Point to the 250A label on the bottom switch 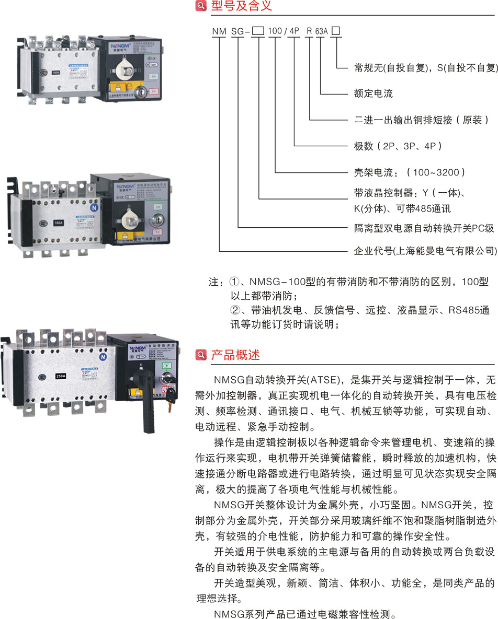tap(61, 375)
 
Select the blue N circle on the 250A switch tap(103, 357)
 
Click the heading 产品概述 tap(235, 356)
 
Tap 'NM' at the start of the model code tap(219, 31)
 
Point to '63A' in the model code tap(321, 31)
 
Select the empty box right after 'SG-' tap(258, 31)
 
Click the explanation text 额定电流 tap(373, 94)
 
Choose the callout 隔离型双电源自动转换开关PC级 tap(424, 228)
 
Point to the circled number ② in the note tap(235, 310)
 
